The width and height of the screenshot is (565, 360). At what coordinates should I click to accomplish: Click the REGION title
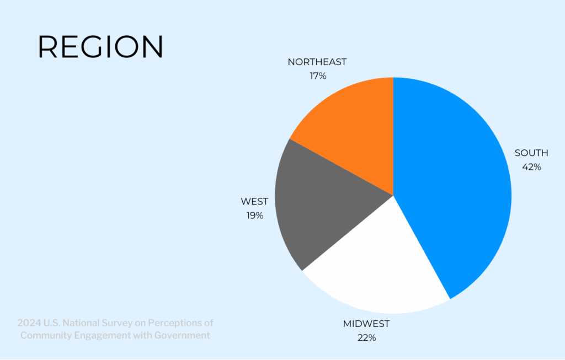[x=100, y=46]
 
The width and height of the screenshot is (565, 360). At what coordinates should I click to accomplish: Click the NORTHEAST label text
[x=317, y=62]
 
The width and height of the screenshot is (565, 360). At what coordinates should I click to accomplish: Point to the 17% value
[x=318, y=76]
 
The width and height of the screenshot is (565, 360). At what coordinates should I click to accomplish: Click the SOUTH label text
[x=531, y=153]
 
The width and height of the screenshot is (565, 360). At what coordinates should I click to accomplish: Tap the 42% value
[x=531, y=167]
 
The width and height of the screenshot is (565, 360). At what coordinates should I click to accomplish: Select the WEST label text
[x=254, y=201]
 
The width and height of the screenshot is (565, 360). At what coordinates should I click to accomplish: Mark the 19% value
[x=255, y=215]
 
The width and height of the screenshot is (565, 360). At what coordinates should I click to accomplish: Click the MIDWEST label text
[x=366, y=324]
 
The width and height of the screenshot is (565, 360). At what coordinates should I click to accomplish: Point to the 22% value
[x=367, y=338]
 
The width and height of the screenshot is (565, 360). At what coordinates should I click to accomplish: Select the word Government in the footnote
[x=182, y=335]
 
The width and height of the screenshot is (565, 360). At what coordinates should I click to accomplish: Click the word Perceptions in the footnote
[x=175, y=323]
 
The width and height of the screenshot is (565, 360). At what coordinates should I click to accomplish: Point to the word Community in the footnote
[x=46, y=336]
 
